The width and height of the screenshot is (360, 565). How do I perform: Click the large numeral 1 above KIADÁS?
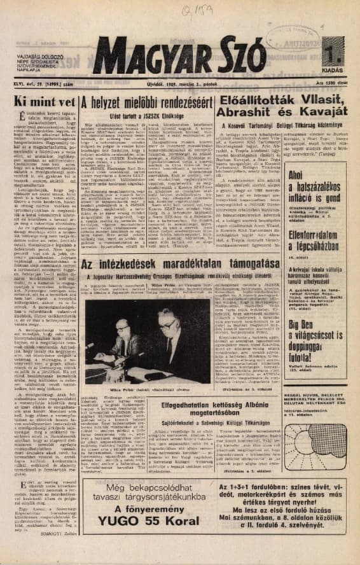(338, 48)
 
